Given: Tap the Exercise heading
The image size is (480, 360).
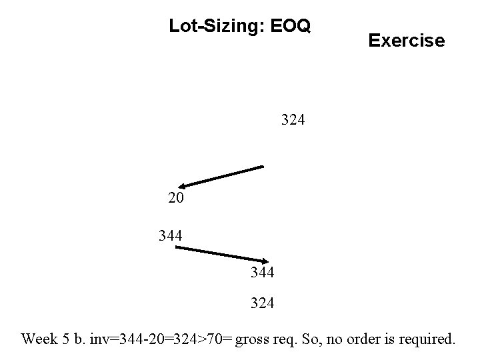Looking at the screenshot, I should pos(406,41).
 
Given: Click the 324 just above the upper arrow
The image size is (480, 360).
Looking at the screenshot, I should pos(293,121).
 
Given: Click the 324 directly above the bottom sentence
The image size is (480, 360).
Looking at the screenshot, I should pos(262,303).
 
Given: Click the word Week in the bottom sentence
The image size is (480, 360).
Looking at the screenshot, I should pos(39,339).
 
